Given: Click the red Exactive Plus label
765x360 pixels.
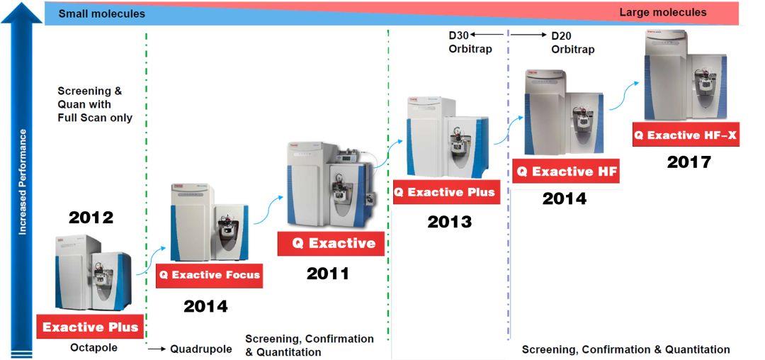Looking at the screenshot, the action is [x=90, y=326].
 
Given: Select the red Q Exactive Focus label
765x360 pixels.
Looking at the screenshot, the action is [x=209, y=275].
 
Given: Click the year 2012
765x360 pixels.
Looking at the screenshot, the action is [x=91, y=217].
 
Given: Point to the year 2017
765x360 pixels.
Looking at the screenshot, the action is [x=689, y=162].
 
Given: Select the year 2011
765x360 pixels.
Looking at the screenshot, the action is [x=328, y=273].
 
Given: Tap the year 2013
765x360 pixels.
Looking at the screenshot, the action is [x=449, y=222].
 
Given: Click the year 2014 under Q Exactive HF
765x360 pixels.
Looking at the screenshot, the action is [x=565, y=198].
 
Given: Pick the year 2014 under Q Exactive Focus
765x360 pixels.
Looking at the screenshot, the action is [x=205, y=306].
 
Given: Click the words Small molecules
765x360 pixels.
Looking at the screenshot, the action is [x=101, y=13].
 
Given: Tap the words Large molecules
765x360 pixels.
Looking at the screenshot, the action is [x=662, y=12].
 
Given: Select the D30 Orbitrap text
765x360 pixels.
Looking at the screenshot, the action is [x=470, y=43].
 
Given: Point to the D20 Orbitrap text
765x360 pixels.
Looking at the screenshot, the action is [x=573, y=43].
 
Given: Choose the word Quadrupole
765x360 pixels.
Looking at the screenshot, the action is [x=200, y=349].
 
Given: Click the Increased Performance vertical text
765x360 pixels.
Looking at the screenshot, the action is [x=22, y=182].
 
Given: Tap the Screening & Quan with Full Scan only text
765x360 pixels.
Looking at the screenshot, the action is [x=95, y=104].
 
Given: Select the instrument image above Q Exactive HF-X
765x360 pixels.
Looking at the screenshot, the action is [x=686, y=75].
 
